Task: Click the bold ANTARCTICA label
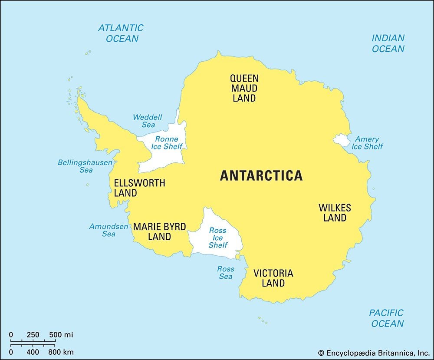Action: click(x=261, y=175)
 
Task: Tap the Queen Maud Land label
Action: click(x=244, y=88)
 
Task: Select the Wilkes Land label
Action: click(x=335, y=213)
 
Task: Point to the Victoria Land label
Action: click(x=273, y=278)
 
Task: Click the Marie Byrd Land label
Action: click(x=159, y=232)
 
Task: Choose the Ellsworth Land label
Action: click(x=139, y=188)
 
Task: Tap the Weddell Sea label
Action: click(x=148, y=121)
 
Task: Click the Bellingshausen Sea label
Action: click(x=85, y=166)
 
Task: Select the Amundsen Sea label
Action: click(x=108, y=230)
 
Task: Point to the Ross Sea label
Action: click(x=225, y=273)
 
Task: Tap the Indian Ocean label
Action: click(x=388, y=43)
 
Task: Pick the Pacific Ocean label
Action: click(x=386, y=318)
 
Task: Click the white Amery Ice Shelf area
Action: click(x=342, y=140)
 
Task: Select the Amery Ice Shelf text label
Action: click(x=367, y=143)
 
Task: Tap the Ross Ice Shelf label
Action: click(x=217, y=238)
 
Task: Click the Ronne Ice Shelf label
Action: click(x=167, y=143)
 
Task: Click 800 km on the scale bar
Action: click(x=60, y=351)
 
